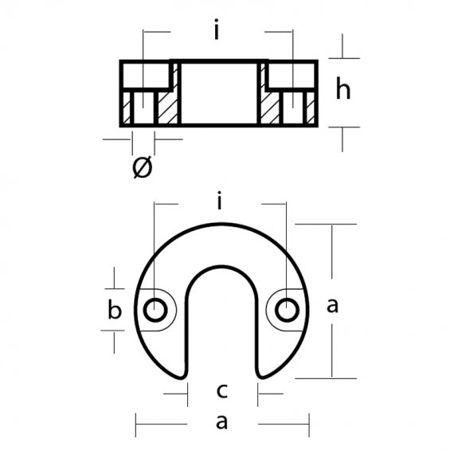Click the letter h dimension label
click(x=343, y=88)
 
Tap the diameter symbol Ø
click(x=142, y=167)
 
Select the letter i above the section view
click(x=217, y=29)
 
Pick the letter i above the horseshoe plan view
click(x=220, y=200)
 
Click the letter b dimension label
click(x=115, y=309)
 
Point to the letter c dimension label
click(x=222, y=390)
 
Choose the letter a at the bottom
click(x=221, y=422)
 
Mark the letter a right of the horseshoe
click(x=332, y=306)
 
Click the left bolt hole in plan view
click(x=155, y=310)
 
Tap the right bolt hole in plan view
click(x=287, y=310)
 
